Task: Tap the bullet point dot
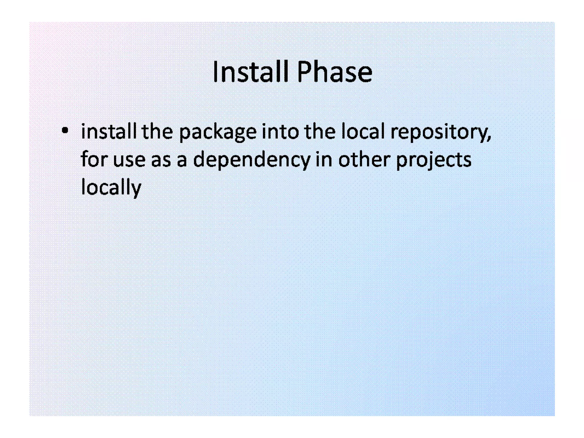(x=65, y=131)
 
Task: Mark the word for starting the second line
(x=94, y=159)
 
